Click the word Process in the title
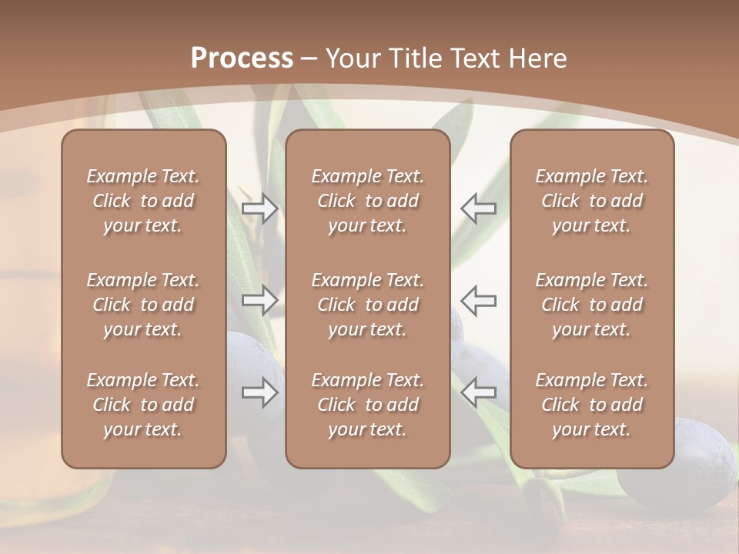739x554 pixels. (242, 58)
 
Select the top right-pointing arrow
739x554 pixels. (259, 209)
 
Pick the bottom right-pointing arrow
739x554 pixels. (259, 392)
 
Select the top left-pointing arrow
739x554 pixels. (478, 209)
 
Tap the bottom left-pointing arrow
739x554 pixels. (478, 392)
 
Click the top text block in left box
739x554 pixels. (143, 201)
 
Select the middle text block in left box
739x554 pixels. (143, 305)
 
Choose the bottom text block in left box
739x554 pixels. (143, 405)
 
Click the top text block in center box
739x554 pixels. (367, 201)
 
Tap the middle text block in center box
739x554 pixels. (367, 305)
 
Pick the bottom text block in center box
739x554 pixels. (367, 405)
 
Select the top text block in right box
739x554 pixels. (591, 201)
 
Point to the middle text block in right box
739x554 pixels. (591, 305)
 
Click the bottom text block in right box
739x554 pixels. (591, 405)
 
